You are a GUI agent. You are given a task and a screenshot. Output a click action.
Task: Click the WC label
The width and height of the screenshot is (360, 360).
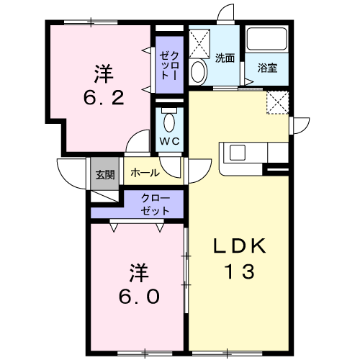click(170, 141)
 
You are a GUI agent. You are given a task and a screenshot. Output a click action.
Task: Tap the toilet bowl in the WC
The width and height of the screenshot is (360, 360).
click(169, 122)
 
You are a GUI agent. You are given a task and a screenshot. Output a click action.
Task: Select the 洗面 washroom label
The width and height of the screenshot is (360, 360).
click(225, 58)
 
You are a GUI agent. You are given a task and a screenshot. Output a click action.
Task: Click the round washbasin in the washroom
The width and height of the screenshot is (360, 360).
click(199, 71)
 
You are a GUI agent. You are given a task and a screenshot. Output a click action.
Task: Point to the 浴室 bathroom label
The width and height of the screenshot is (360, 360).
click(268, 68)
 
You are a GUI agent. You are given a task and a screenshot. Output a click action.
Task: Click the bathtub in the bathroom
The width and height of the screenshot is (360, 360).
click(267, 39)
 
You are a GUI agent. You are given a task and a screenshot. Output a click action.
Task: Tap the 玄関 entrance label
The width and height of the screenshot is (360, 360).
click(105, 174)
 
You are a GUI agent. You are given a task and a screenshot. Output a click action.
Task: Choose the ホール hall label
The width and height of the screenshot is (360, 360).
click(145, 173)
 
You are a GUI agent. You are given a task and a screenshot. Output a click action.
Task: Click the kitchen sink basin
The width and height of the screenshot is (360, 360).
click(238, 153)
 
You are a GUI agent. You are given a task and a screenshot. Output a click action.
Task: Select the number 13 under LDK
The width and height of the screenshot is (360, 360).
click(239, 271)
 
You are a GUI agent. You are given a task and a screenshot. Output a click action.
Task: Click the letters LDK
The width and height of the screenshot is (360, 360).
click(240, 246)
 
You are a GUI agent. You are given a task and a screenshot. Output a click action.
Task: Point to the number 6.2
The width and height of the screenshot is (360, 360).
click(104, 98)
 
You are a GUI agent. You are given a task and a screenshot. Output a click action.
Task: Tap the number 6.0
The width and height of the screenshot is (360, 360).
click(139, 297)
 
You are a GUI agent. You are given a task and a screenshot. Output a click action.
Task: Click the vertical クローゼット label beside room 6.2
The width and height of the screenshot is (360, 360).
click(169, 66)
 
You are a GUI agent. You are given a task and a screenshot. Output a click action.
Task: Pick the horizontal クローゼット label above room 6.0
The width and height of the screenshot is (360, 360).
click(156, 204)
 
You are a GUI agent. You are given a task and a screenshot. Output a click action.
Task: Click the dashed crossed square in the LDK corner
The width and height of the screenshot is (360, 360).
click(277, 102)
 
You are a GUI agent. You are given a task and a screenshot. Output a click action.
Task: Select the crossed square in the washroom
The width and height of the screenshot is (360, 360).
click(199, 43)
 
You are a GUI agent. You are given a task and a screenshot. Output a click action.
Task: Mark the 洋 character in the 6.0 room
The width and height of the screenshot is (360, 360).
click(138, 273)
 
